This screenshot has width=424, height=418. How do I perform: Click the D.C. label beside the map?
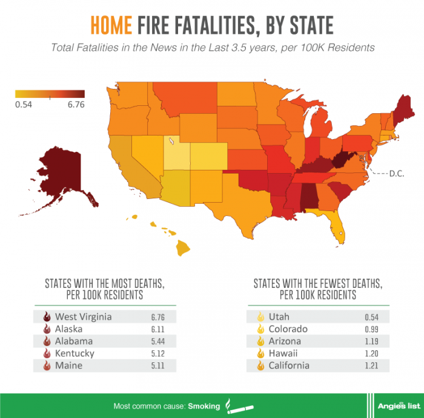[397, 173]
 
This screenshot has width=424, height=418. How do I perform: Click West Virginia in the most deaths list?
[83, 316]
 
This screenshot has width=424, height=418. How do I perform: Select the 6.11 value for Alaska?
[156, 329]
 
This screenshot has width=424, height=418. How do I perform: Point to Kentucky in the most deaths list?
[74, 353]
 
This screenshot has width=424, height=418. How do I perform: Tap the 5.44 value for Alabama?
[156, 341]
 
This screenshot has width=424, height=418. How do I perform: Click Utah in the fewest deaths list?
[279, 316]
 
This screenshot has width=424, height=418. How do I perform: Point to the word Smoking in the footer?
[204, 406]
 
